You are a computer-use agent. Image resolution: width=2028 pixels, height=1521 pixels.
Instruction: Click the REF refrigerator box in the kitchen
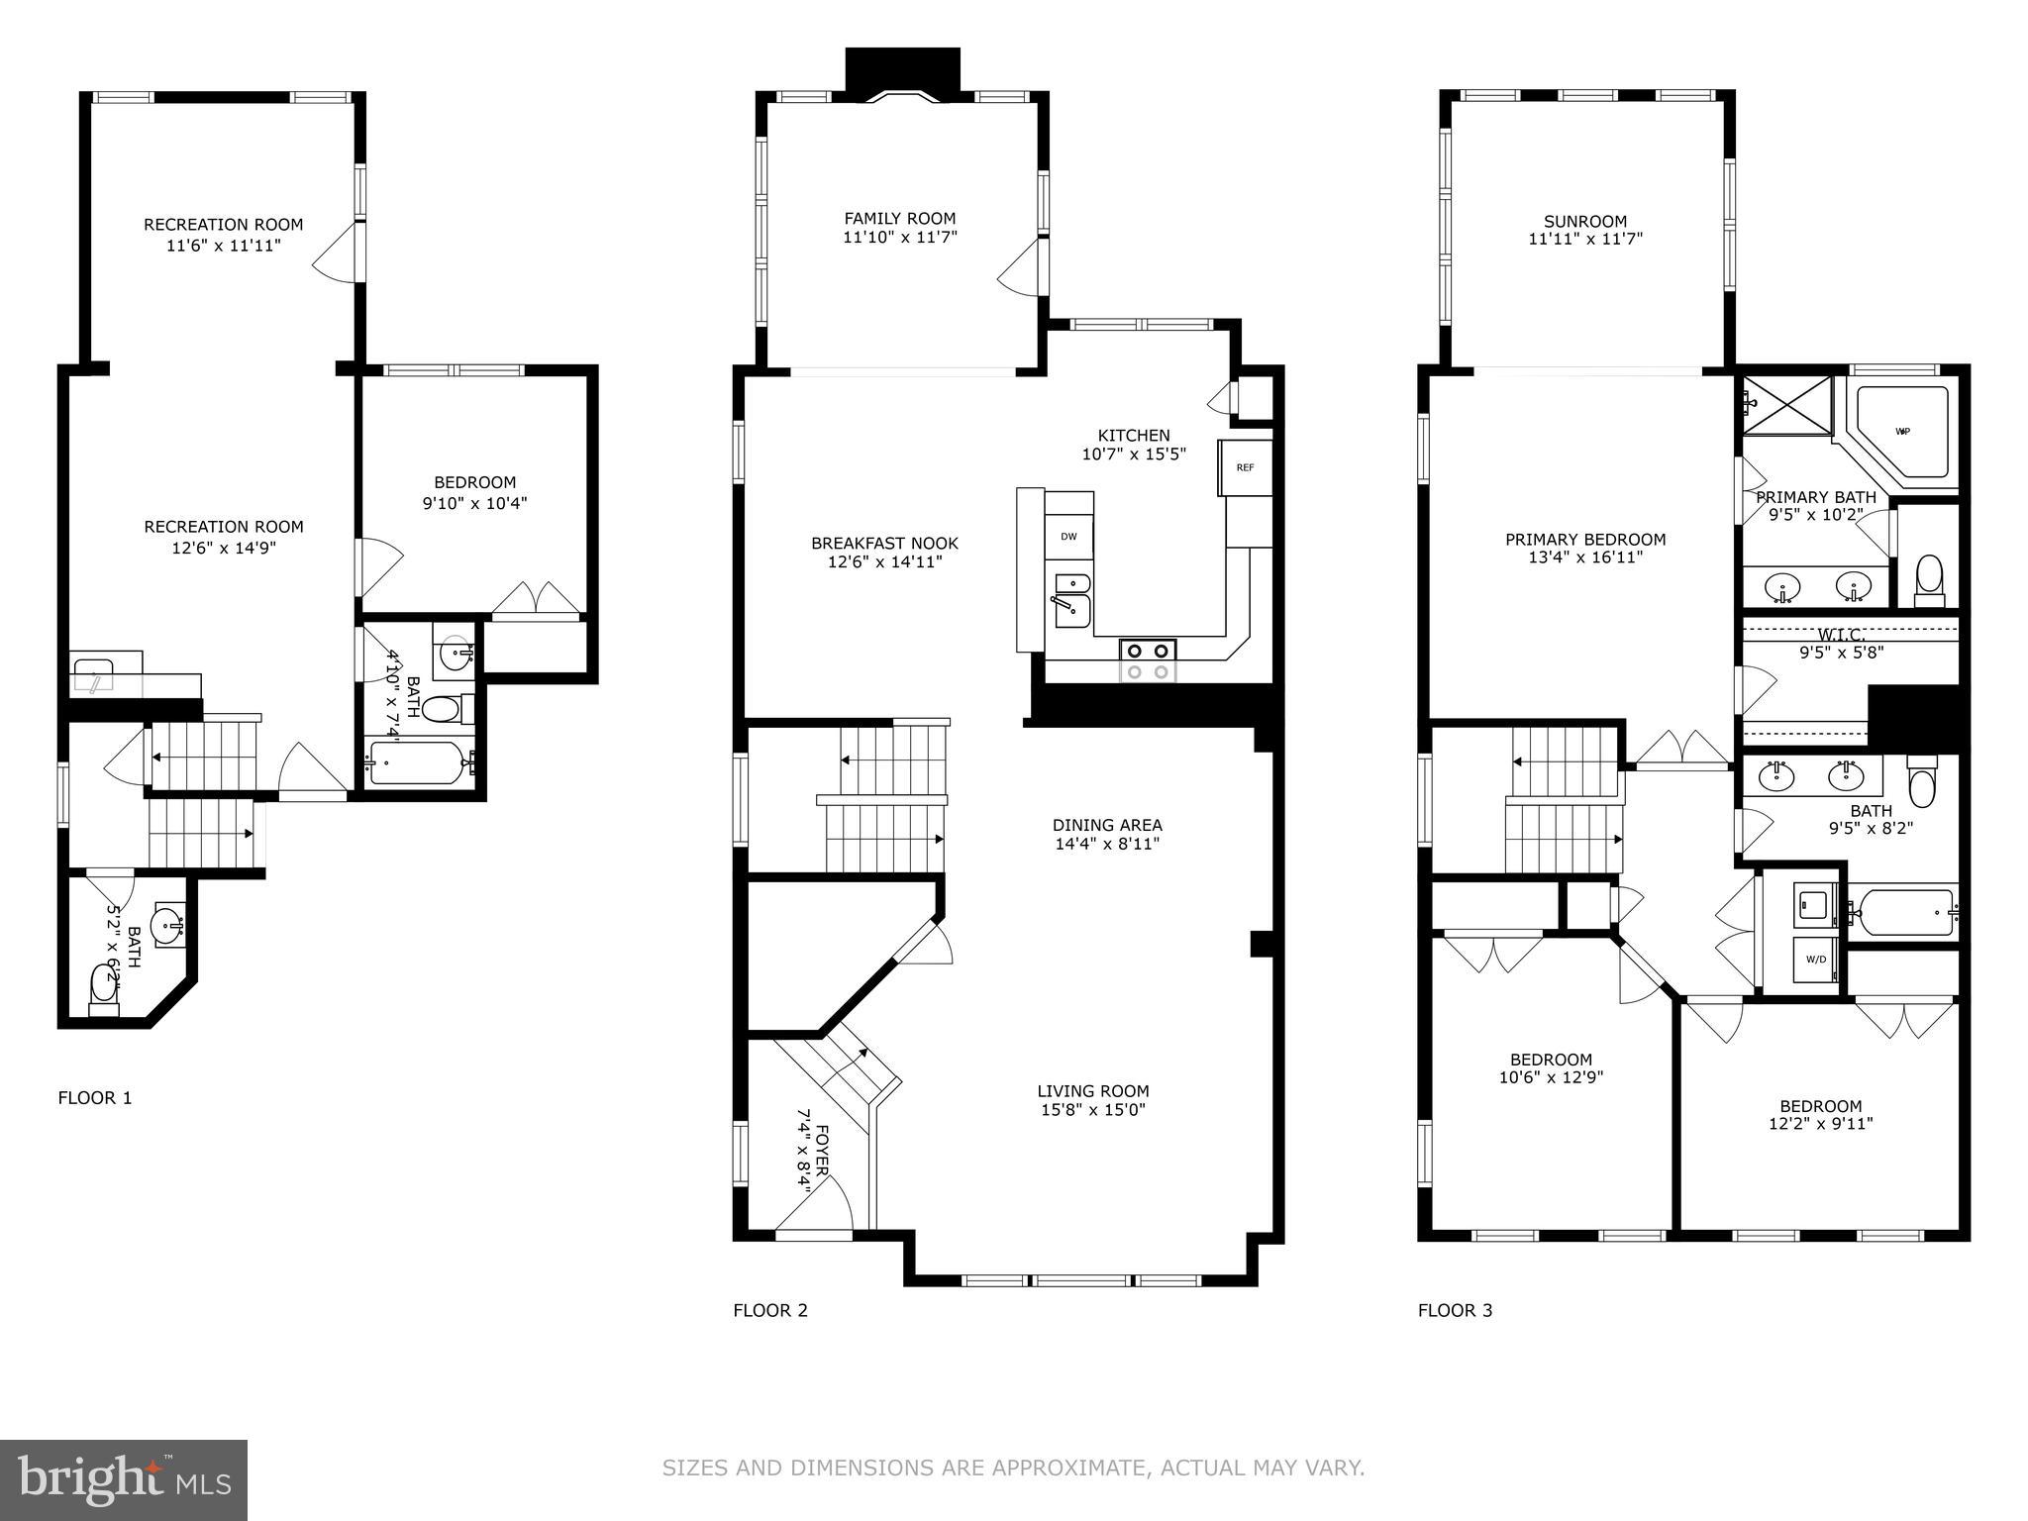1245,467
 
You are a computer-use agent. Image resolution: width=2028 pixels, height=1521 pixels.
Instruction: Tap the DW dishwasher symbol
1068,537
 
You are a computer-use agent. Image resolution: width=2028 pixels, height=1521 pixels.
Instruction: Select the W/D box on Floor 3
1816,959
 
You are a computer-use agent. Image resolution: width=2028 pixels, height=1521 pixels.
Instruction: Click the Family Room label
899,219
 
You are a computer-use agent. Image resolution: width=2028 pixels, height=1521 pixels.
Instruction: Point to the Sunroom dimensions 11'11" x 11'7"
1584,239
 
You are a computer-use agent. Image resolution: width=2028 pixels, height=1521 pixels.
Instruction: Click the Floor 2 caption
769,1310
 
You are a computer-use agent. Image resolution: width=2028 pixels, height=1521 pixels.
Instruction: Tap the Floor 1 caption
94,1097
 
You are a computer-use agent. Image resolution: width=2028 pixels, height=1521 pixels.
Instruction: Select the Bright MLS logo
123,1479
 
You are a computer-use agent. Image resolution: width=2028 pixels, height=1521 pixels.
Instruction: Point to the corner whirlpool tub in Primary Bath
1902,432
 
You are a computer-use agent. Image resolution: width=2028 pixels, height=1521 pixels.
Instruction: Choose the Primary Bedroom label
1584,540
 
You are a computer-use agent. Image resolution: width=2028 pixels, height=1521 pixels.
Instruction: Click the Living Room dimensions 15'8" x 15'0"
1092,1110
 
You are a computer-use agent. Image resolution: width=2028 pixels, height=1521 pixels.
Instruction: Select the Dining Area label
1106,825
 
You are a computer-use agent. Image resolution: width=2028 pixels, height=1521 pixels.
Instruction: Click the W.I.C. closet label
1840,635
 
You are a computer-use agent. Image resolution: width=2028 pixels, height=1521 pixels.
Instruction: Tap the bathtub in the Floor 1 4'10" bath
416,763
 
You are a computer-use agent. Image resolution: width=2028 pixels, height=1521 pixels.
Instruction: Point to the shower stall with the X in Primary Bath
1786,404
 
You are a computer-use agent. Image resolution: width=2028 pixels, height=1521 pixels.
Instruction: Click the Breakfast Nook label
884,544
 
